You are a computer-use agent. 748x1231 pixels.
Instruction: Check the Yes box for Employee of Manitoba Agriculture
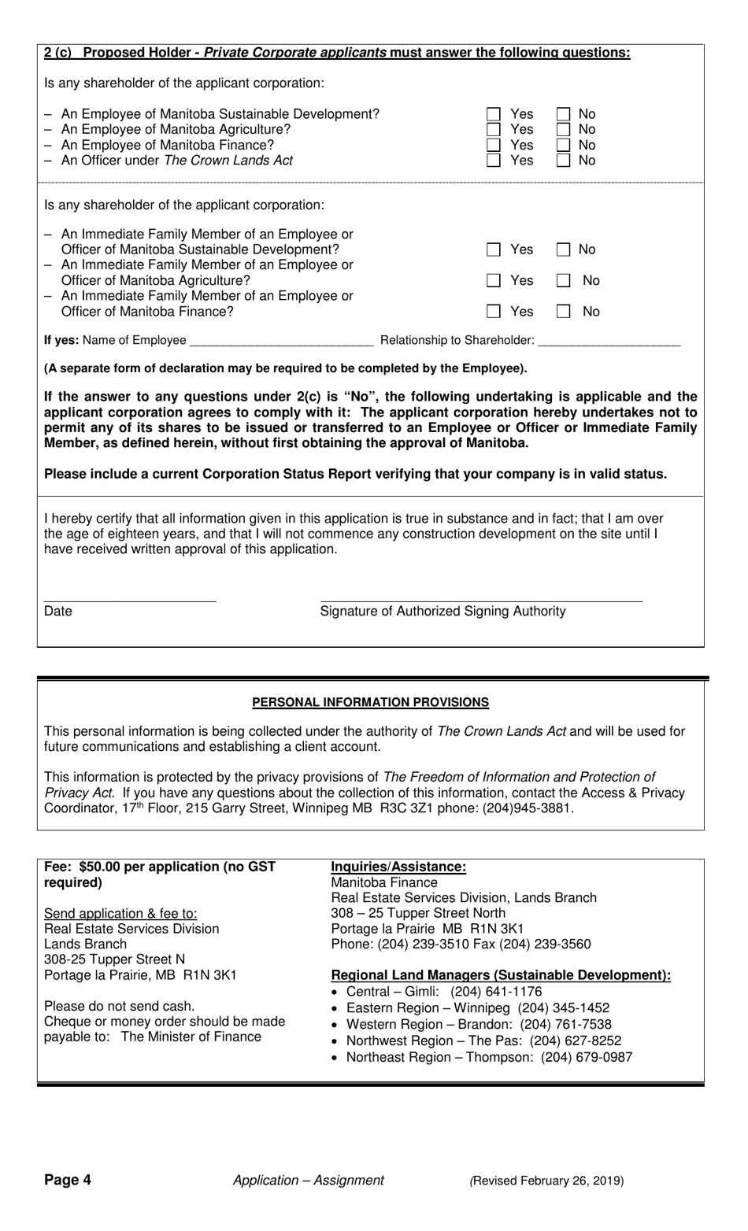point(494,130)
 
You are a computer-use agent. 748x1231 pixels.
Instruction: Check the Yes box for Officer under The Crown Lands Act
point(494,161)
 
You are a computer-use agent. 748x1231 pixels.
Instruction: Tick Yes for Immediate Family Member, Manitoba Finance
point(494,312)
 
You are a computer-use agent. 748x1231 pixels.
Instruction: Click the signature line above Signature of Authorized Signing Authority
point(481,599)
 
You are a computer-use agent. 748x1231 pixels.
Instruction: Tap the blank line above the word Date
point(129,599)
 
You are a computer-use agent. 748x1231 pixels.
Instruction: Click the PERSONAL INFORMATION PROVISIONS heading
point(370,702)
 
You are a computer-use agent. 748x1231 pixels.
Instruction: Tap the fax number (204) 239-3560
point(545,944)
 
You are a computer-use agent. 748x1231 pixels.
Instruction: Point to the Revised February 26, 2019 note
point(546,1180)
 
